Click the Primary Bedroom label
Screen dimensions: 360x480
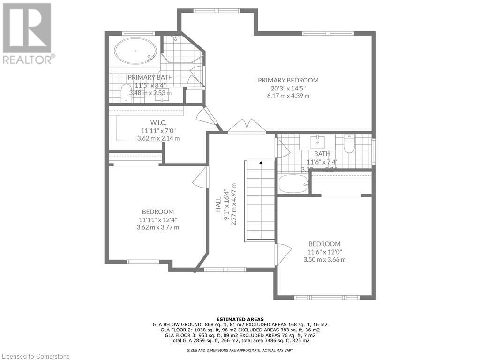pos(288,80)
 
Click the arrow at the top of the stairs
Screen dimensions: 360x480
pos(260,163)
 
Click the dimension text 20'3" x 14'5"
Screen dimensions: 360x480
pos(288,88)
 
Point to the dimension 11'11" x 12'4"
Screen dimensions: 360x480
pos(158,219)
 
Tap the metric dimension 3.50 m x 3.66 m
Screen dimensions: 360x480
pos(324,259)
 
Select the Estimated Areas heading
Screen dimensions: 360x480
pos(240,318)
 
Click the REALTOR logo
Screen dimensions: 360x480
pos(28,33)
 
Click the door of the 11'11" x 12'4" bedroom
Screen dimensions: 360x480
pos(200,178)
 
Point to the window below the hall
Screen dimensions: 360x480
pos(225,269)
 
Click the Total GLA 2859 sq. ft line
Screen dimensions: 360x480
pos(240,340)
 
